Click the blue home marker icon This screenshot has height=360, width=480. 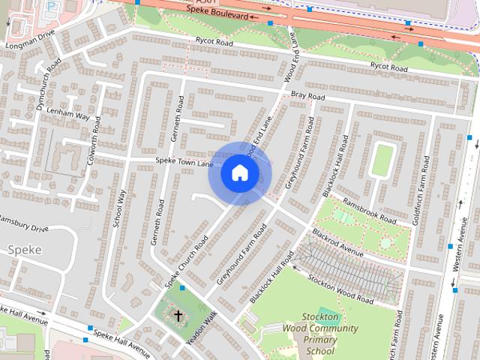[x=239, y=172]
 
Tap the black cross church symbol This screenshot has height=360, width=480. [x=178, y=316]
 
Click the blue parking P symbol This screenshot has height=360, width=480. [x=51, y=6]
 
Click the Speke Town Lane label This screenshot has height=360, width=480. [x=184, y=162]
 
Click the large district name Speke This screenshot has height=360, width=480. [x=24, y=249]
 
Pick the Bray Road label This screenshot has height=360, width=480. [x=307, y=97]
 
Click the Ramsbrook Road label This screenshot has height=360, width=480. [x=368, y=211]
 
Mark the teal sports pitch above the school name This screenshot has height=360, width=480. [x=327, y=313]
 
